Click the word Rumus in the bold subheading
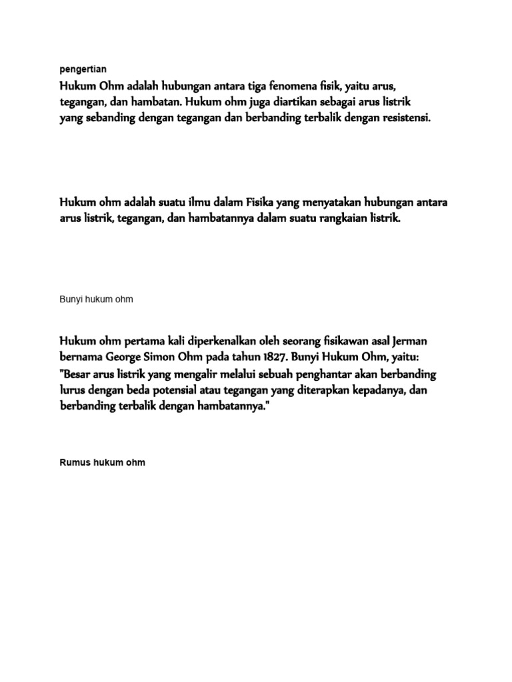coord(75,462)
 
